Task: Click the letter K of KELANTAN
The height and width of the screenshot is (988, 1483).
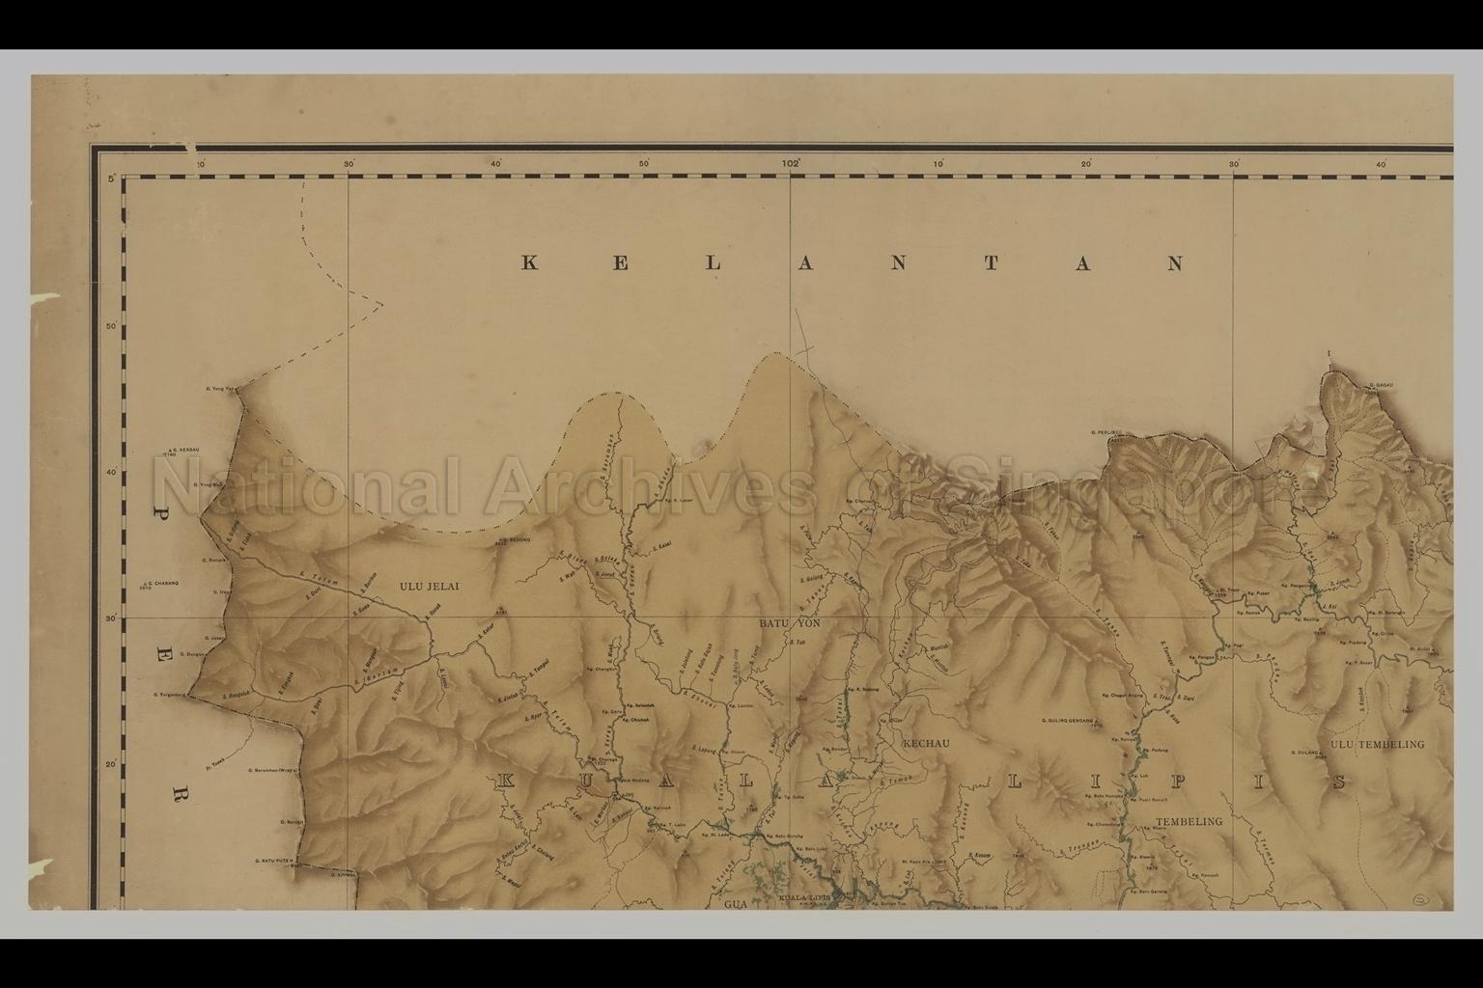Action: coord(529,263)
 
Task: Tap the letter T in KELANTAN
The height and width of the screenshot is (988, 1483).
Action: coord(991,263)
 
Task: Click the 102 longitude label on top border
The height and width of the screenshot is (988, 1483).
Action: coord(792,164)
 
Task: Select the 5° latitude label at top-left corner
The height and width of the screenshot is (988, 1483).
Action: coord(111,179)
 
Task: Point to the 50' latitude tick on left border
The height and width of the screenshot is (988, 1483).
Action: coord(111,326)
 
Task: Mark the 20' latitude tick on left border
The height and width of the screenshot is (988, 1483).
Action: coord(111,765)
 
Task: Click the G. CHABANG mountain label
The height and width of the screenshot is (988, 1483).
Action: coord(160,584)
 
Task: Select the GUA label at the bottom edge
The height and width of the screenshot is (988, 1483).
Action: coord(737,906)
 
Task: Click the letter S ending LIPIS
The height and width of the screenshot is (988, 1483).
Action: coord(1339,782)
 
